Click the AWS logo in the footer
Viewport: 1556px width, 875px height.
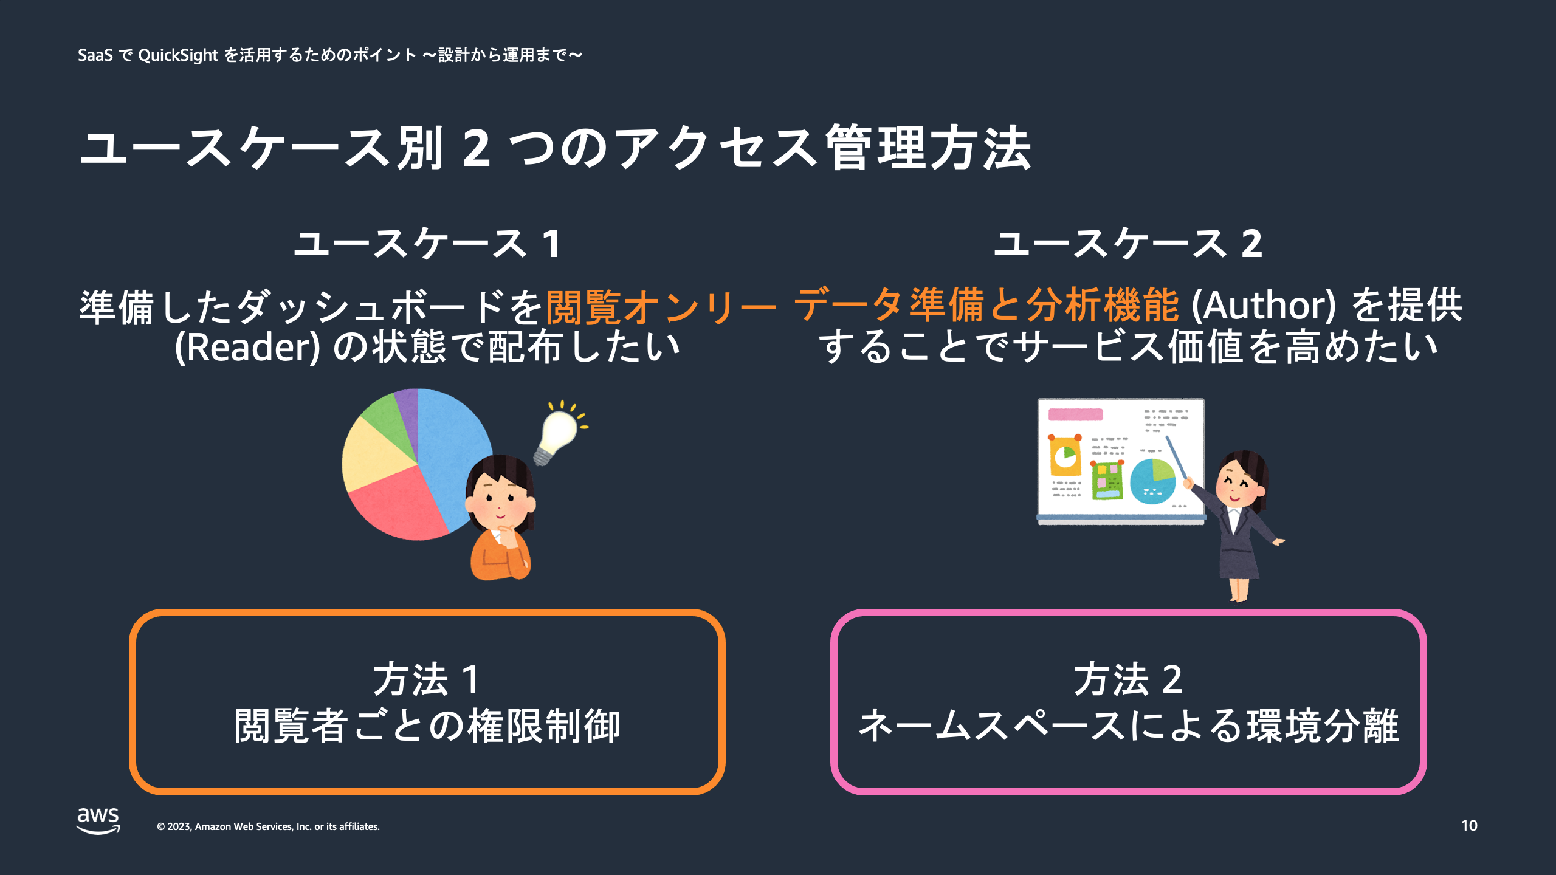point(98,821)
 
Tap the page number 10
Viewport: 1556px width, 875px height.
point(1469,826)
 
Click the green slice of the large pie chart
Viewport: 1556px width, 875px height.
point(389,419)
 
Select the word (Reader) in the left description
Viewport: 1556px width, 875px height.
point(247,347)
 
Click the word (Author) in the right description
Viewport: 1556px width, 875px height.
point(1264,305)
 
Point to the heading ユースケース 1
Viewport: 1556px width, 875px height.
point(427,244)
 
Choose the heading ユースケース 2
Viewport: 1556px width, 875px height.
point(1128,244)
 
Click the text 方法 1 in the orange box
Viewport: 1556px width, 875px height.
point(427,679)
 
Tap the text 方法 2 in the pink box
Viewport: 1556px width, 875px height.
point(1128,679)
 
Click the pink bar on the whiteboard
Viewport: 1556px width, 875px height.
point(1075,414)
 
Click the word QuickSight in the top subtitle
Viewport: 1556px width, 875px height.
point(178,55)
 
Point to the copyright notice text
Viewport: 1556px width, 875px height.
point(268,826)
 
